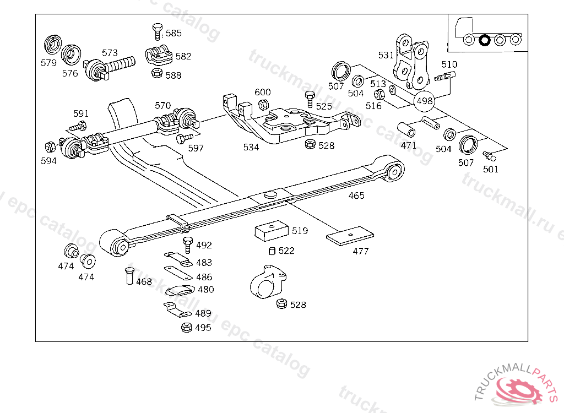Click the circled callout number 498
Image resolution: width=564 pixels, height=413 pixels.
pyautogui.click(x=425, y=101)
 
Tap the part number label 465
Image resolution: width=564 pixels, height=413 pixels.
pyautogui.click(x=356, y=195)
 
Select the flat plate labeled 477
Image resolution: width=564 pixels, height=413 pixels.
pyautogui.click(x=350, y=236)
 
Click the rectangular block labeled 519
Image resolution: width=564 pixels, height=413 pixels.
pyautogui.click(x=272, y=231)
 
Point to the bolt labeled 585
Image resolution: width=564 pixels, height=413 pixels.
pyautogui.click(x=158, y=31)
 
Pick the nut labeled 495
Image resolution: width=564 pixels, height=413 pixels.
pyautogui.click(x=186, y=328)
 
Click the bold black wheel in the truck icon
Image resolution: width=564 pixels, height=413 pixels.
pyautogui.click(x=485, y=40)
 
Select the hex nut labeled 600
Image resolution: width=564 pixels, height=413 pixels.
pyautogui.click(x=263, y=105)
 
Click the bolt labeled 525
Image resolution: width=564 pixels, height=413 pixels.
pyautogui.click(x=310, y=99)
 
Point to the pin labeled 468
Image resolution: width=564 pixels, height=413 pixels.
pyautogui.click(x=129, y=276)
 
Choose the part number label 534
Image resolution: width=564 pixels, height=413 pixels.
pyautogui.click(x=251, y=147)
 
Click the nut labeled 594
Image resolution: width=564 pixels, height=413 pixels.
pyautogui.click(x=50, y=147)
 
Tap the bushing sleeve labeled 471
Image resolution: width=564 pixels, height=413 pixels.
pyautogui.click(x=406, y=130)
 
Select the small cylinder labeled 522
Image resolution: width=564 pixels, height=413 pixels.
pyautogui.click(x=272, y=251)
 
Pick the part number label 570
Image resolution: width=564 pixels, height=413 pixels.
pyautogui.click(x=162, y=105)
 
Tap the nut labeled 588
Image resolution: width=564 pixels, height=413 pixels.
pyautogui.click(x=157, y=73)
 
